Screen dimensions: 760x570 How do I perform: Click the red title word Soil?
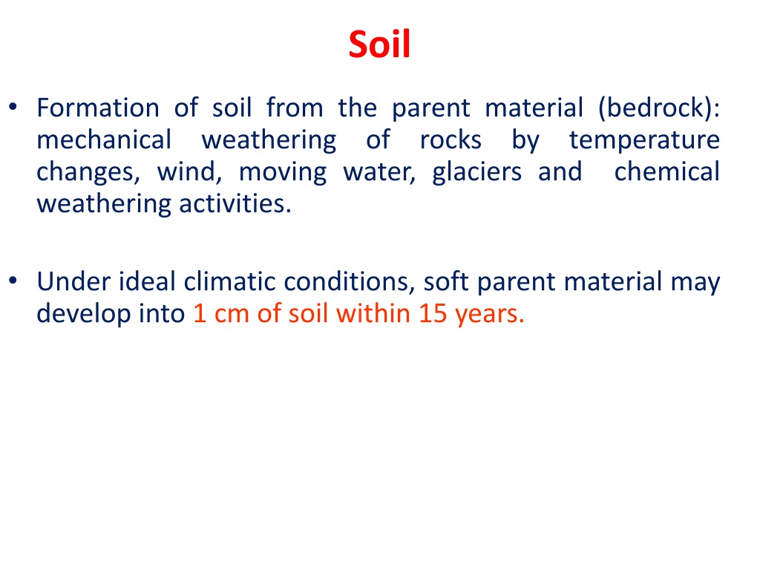[379, 44]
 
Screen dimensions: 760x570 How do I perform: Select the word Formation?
[98, 107]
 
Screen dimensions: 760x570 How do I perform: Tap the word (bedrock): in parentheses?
[659, 108]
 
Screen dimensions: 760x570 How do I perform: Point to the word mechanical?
[104, 140]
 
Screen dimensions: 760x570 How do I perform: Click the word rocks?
[451, 140]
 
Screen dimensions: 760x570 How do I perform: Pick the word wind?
[189, 171]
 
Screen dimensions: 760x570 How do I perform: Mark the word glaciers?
[477, 172]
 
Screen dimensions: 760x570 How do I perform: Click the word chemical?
[667, 171]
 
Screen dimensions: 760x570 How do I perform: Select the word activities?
[235, 203]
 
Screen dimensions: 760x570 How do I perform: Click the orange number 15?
[433, 314]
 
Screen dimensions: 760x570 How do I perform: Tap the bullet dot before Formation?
[13, 107]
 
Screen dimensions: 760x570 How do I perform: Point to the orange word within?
[374, 314]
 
